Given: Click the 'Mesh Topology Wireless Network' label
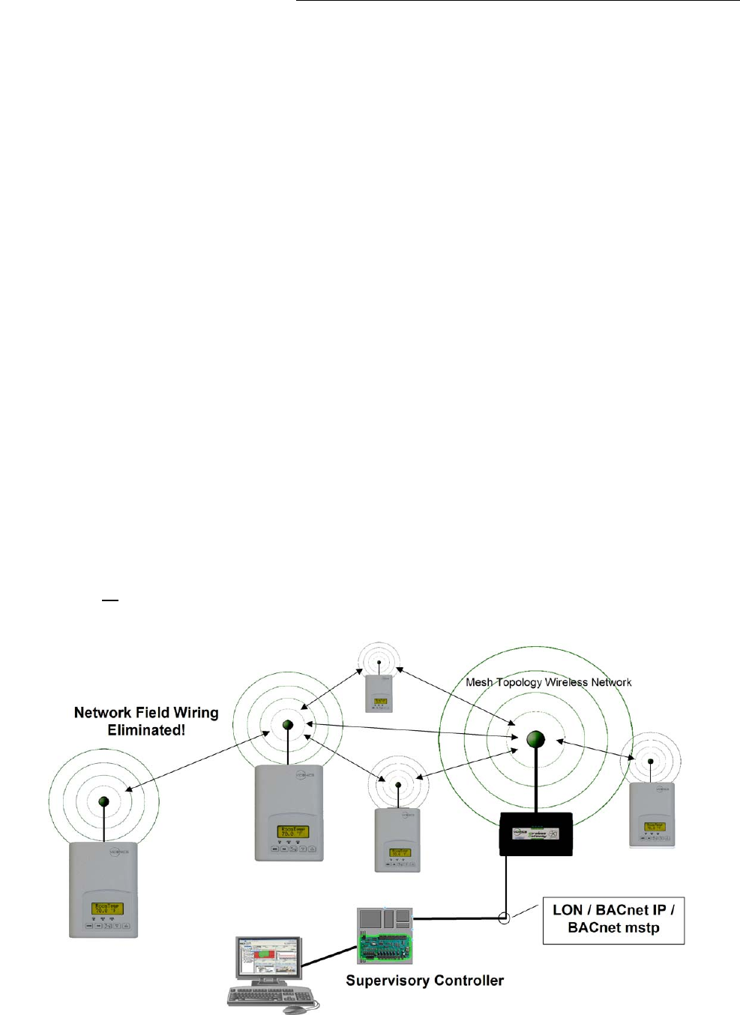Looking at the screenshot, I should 548,682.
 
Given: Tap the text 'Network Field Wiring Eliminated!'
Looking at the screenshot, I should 146,721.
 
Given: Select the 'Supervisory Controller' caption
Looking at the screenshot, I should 424,981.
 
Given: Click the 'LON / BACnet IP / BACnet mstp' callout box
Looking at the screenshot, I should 613,919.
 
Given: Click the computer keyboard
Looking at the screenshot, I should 270,996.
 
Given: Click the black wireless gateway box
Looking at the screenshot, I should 536,834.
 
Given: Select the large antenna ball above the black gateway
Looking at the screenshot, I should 535,740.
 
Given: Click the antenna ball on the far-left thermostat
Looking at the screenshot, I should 104,802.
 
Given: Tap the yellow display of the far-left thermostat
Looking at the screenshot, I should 106,909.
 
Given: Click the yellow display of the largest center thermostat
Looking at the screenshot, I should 292,831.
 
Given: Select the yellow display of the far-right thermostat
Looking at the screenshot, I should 654,827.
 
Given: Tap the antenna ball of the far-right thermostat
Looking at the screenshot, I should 651,762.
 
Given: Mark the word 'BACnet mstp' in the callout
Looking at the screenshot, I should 613,928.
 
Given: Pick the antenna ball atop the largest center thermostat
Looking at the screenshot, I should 287,725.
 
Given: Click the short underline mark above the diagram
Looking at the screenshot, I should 110,600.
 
